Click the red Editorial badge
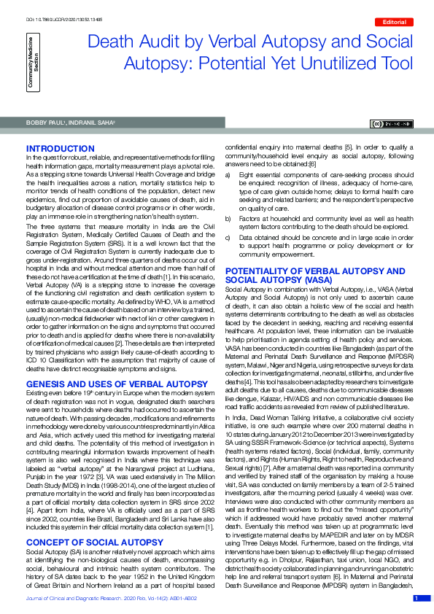400,22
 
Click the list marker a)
228,176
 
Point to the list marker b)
228,217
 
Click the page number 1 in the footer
416,599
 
